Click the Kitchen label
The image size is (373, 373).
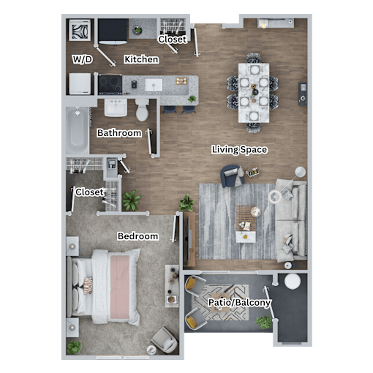coord(141,59)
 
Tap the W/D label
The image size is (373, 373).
coord(83,59)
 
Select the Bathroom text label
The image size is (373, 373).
coord(119,133)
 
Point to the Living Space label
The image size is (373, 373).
coord(239,149)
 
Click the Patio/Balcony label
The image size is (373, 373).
coord(239,303)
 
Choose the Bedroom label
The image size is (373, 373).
coord(137,236)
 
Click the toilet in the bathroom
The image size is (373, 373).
coord(142,110)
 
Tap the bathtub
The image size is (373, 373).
coord(77,130)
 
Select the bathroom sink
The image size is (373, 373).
coord(116,108)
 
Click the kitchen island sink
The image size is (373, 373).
coord(154,84)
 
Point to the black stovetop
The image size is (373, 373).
coord(110,84)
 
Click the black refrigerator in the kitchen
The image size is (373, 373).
coord(113,31)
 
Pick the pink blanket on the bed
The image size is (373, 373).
coord(119,287)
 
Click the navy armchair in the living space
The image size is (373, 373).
coord(231,176)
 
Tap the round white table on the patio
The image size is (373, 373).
coord(293,282)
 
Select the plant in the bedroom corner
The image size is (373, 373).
coord(74,347)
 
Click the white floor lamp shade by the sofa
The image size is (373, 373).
coord(301,172)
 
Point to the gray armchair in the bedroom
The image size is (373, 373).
coord(165,340)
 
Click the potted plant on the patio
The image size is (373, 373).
coord(264,322)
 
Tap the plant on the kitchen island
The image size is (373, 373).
coord(192,99)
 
